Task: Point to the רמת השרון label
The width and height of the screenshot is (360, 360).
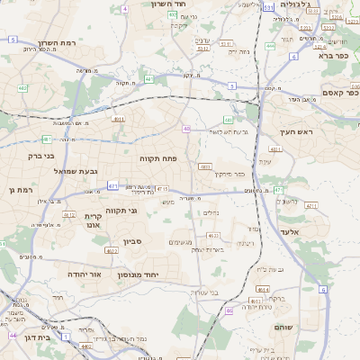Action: click(x=61, y=43)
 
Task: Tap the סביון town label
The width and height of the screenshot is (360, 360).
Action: click(x=133, y=242)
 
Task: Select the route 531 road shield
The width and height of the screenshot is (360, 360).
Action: click(x=268, y=7)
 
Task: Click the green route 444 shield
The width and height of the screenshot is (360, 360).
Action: click(x=270, y=45)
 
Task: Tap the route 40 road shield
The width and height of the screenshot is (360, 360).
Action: click(x=186, y=129)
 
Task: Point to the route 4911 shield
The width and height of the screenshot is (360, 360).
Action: click(x=118, y=118)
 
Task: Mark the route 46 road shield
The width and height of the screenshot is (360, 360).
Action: click(x=230, y=310)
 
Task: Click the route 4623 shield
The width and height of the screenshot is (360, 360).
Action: click(x=214, y=235)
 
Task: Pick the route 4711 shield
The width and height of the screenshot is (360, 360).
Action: click(x=162, y=189)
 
